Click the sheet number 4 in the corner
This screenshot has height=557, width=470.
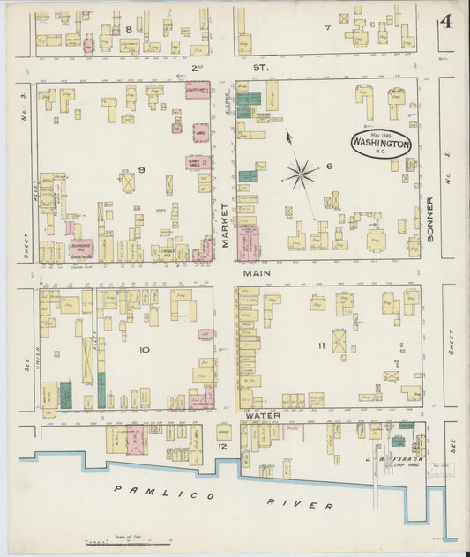click(x=446, y=21)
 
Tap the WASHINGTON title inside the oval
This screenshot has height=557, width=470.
click(x=379, y=143)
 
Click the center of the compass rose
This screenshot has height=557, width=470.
click(x=301, y=172)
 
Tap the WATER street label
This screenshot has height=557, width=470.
click(x=263, y=415)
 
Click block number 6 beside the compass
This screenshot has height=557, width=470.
click(x=329, y=166)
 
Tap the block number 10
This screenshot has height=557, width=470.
click(x=143, y=350)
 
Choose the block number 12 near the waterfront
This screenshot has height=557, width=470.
click(x=223, y=447)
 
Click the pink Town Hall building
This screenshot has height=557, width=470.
click(x=196, y=162)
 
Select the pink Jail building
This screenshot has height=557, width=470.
click(x=200, y=131)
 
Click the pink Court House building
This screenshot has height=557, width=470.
click(x=198, y=91)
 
